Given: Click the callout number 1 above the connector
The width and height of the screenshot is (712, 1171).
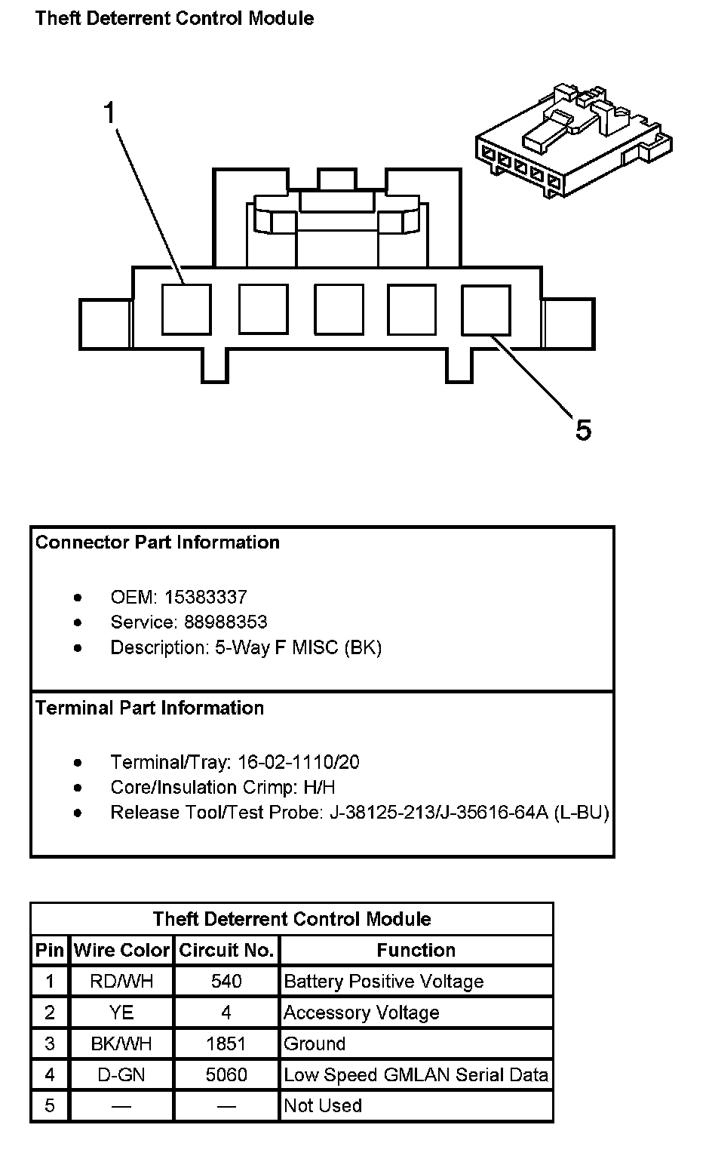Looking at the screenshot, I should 110,114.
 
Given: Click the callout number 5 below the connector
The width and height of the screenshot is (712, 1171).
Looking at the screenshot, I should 583,430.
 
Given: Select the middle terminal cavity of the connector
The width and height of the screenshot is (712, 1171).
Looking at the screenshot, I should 338,309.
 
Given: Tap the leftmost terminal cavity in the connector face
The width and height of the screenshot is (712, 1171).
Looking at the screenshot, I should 186,309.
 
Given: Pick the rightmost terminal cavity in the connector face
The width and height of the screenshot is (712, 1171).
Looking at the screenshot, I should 486,309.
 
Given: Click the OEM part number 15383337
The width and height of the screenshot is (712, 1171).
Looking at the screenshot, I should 206,598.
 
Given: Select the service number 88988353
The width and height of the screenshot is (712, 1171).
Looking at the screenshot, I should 226,622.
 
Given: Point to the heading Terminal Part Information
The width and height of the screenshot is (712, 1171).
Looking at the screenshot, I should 149,708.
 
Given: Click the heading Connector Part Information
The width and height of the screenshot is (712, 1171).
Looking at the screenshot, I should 157,542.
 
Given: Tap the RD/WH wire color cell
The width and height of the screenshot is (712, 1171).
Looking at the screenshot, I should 121,982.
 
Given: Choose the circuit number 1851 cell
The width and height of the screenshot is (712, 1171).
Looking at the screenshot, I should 226,1043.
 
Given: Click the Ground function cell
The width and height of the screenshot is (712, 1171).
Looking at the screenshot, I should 315,1043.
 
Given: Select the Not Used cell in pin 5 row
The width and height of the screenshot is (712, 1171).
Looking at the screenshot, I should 323,1105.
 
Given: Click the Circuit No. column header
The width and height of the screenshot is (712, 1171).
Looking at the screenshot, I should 226,951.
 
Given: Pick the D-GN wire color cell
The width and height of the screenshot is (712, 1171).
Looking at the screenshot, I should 121,1074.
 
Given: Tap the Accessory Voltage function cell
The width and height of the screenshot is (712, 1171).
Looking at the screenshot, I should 361,1013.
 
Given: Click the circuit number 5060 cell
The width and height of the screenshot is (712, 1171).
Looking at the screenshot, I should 226,1074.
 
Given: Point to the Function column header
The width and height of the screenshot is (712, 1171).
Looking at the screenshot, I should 416,951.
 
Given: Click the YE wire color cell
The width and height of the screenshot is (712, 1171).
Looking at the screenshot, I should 121,1013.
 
